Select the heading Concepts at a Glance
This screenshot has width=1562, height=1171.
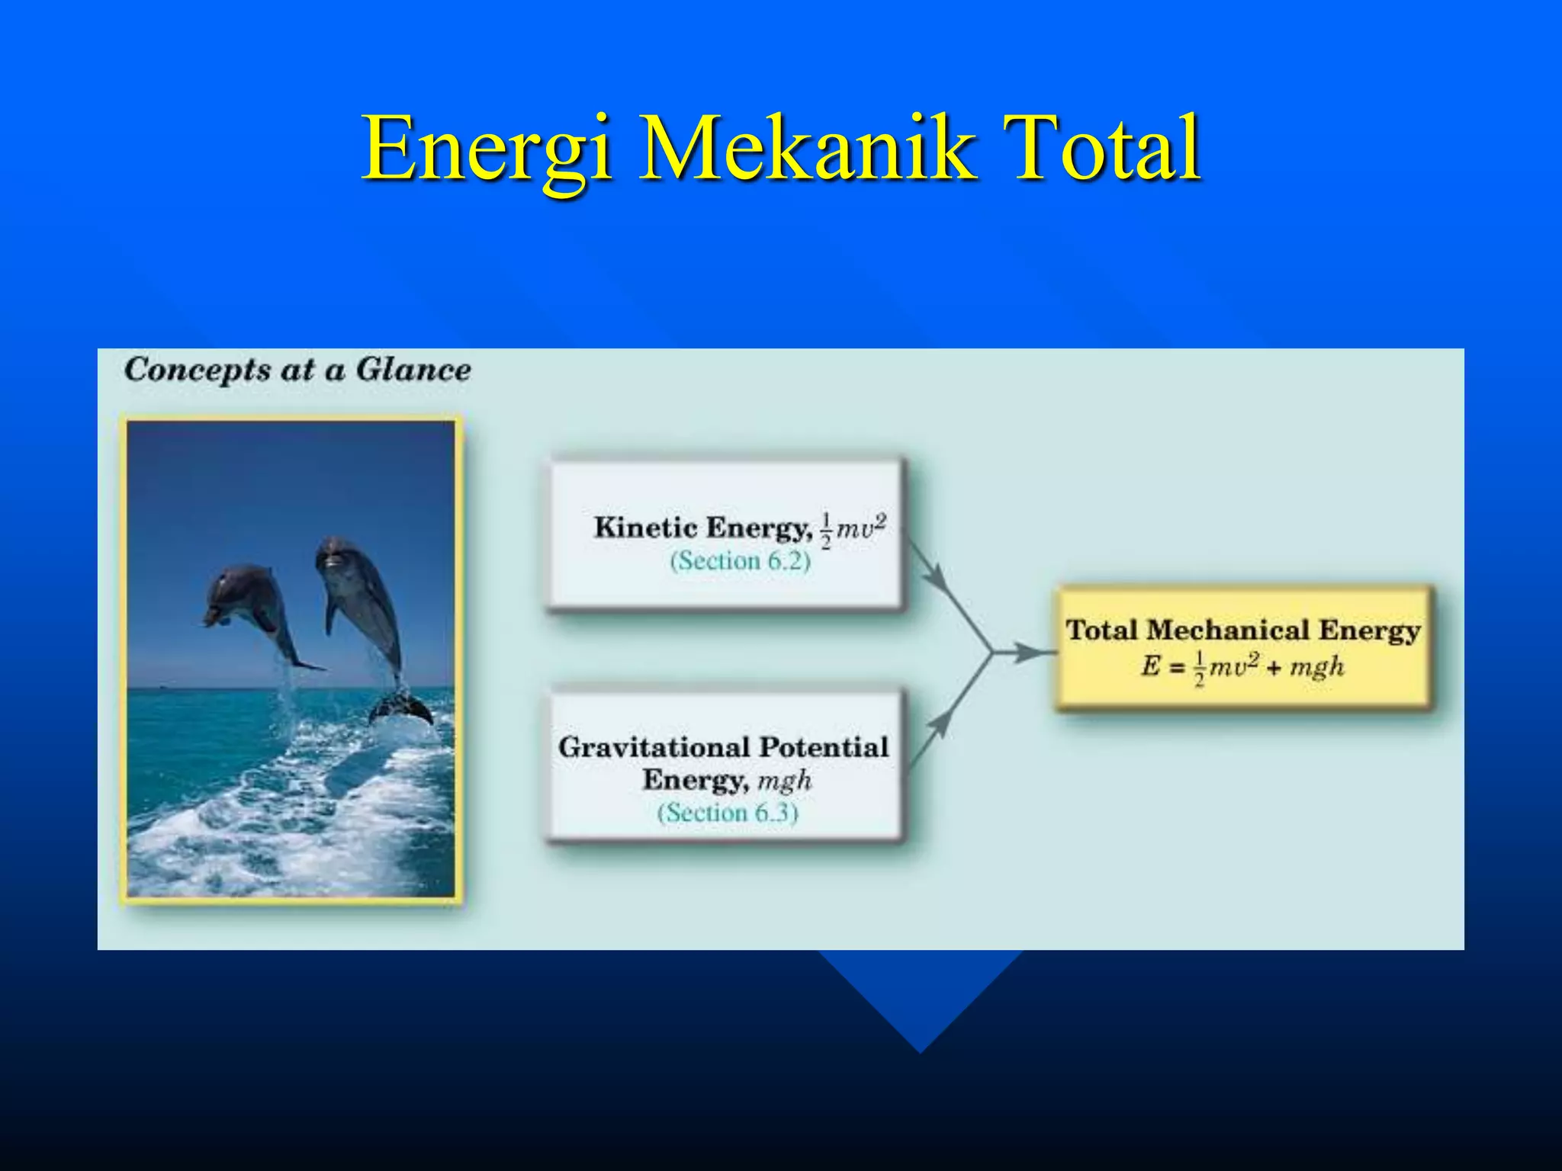(297, 370)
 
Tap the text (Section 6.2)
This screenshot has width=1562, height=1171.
(740, 562)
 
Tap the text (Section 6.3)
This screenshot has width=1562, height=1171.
(728, 813)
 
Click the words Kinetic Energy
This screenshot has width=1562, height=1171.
(702, 528)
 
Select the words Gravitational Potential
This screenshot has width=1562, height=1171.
(723, 747)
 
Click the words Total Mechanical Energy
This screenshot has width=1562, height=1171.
(1243, 630)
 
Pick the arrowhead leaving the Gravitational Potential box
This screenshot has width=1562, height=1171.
(940, 720)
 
